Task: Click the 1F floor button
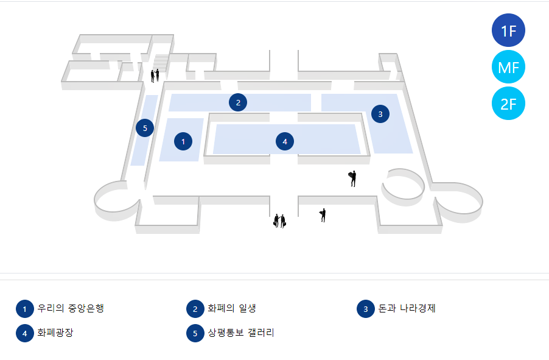click(x=508, y=30)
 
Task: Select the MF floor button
click(x=508, y=67)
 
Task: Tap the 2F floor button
click(x=508, y=104)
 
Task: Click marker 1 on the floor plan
click(x=183, y=141)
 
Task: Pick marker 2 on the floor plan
click(x=238, y=102)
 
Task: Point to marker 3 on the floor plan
click(x=380, y=113)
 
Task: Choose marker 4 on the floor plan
click(x=284, y=141)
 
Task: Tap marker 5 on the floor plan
click(x=145, y=128)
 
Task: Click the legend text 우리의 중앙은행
click(x=71, y=308)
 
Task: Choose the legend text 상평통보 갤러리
click(x=241, y=333)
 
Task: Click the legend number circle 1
click(x=24, y=309)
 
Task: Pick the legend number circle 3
click(x=365, y=309)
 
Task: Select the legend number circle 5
click(x=195, y=333)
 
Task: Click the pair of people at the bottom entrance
click(x=279, y=221)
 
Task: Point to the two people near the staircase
click(x=155, y=76)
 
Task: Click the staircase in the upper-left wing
click(x=161, y=63)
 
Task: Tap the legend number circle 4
click(x=24, y=333)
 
